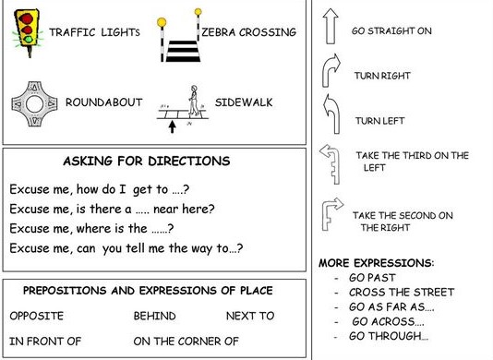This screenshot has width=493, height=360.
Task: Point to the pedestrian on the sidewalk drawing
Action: [x=194, y=101]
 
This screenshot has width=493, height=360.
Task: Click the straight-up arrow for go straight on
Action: [x=330, y=30]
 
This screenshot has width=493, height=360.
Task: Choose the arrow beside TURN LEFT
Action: [x=330, y=115]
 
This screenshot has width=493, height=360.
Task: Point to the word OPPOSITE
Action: [x=37, y=316]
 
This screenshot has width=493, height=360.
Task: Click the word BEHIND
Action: [x=154, y=316]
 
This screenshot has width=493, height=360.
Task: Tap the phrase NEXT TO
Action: [x=250, y=316]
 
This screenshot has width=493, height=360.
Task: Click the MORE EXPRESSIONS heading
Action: [x=376, y=263]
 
